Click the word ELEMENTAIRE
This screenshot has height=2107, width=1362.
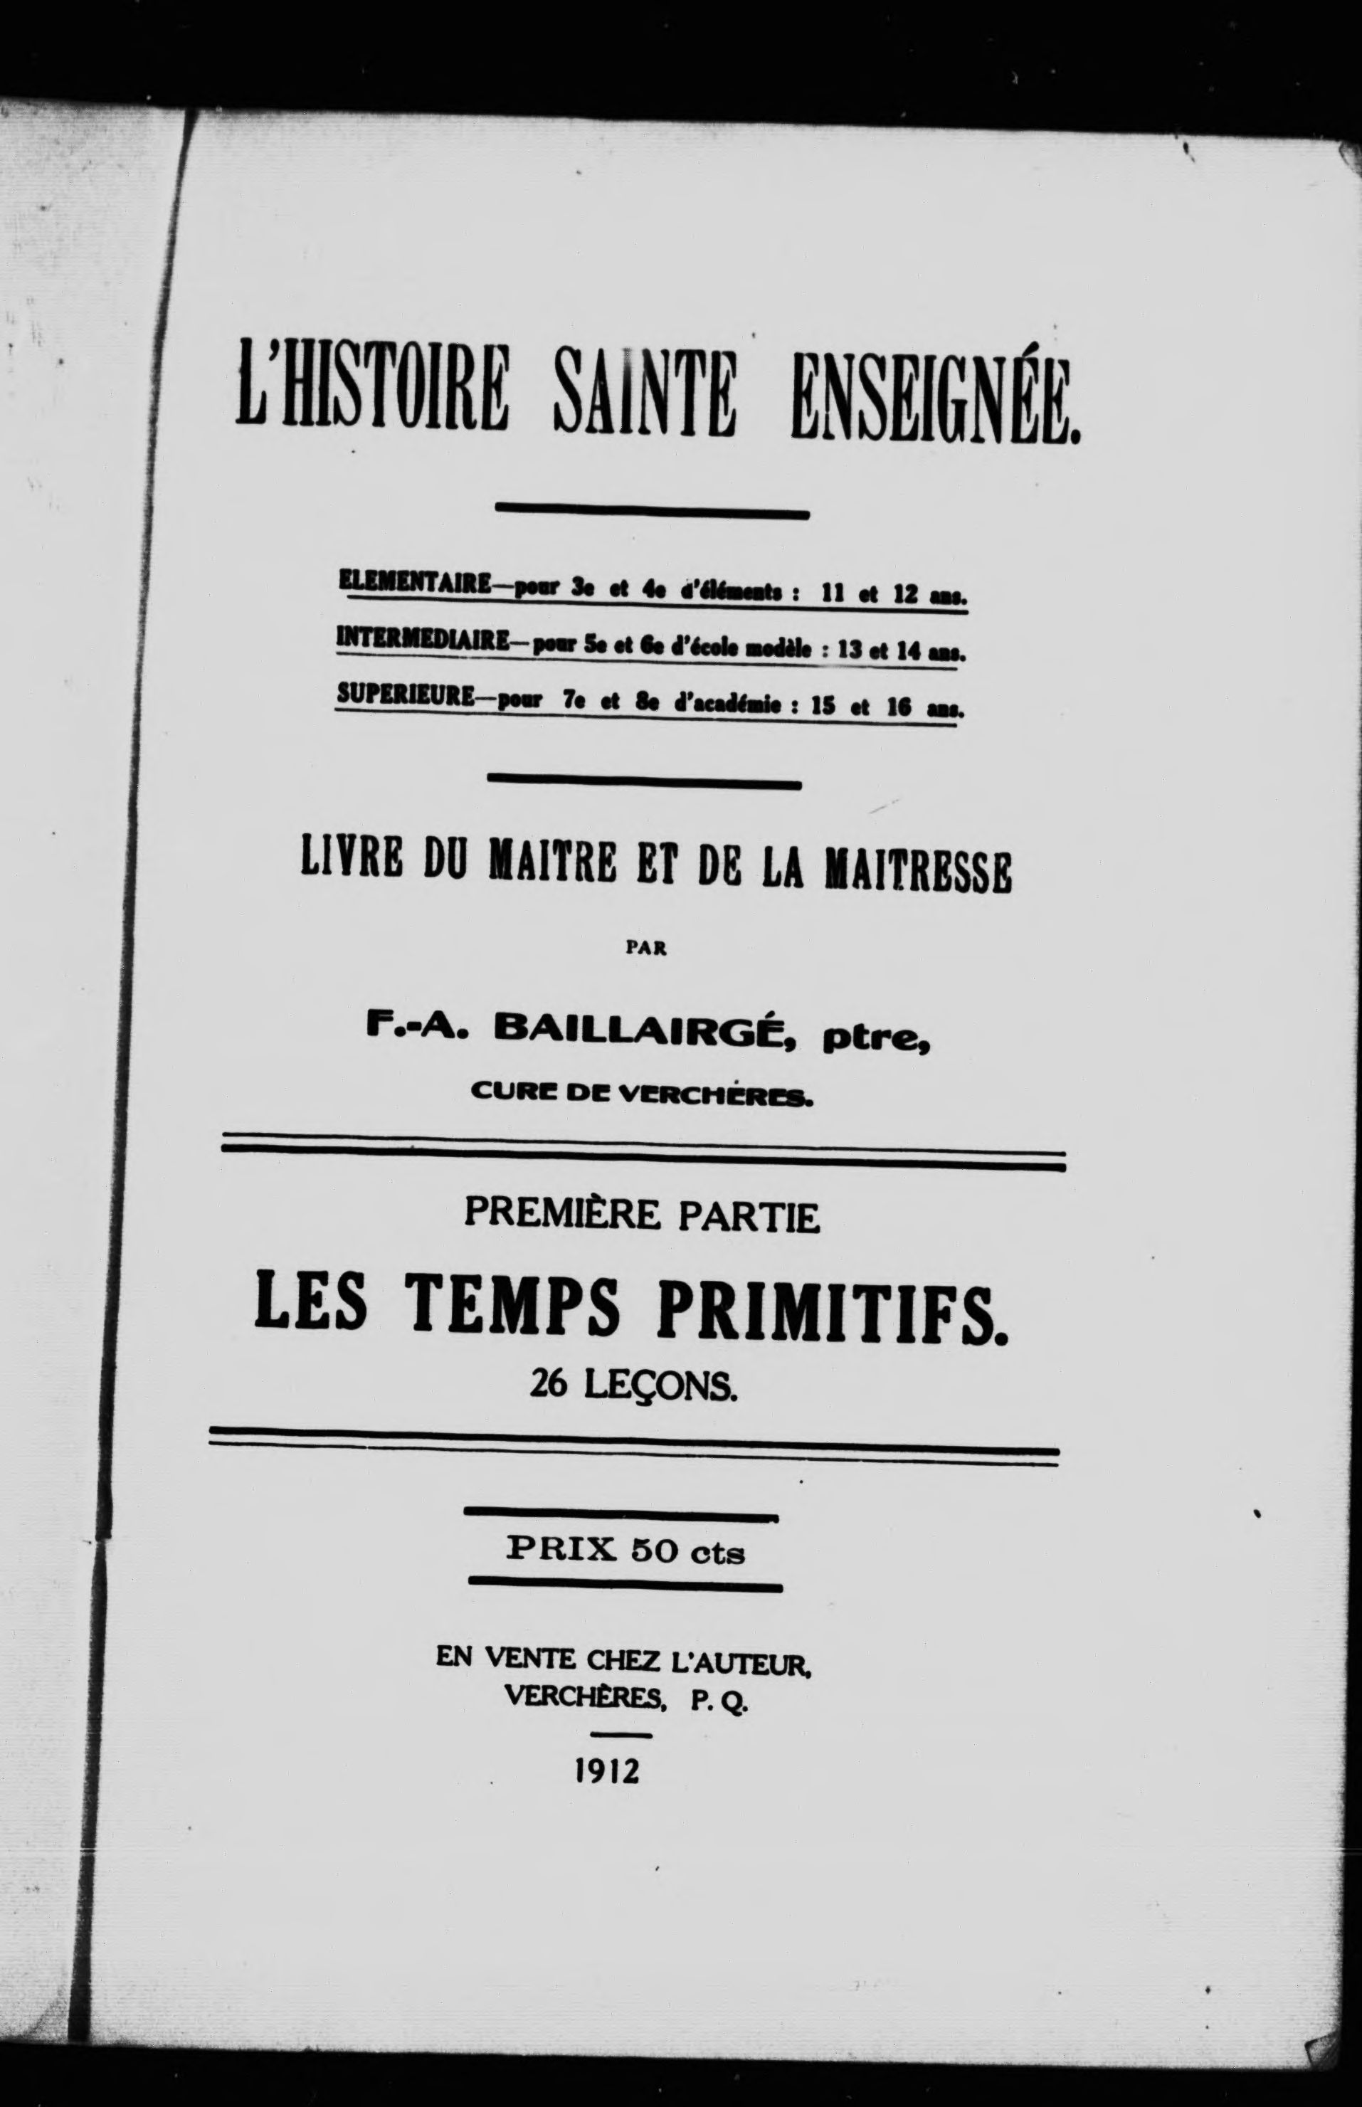click(415, 584)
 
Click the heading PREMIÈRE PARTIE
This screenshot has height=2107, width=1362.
click(642, 1216)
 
